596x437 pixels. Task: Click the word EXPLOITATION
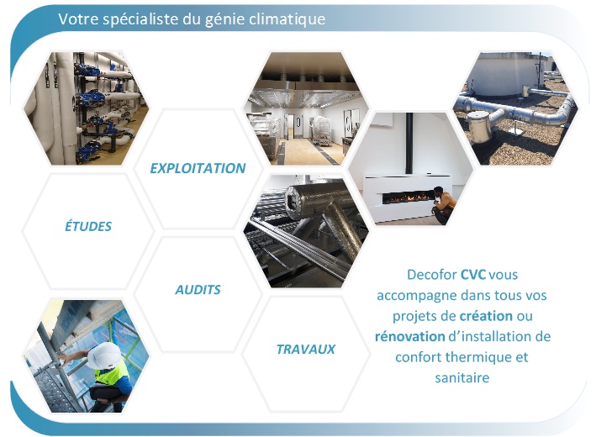198,168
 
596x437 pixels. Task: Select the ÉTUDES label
88,226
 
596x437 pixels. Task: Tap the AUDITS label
198,290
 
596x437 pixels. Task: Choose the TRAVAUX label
306,350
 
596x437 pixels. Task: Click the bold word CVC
473,274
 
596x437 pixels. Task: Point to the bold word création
486,316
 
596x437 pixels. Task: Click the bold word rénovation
409,336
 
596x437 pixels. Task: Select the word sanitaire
462,377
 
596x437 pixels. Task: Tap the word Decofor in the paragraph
432,274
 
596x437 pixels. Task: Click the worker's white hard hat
103,355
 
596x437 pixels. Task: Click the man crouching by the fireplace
442,204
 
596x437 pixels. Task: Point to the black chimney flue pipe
409,144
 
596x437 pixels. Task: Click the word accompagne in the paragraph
417,296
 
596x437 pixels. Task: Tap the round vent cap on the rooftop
477,127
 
